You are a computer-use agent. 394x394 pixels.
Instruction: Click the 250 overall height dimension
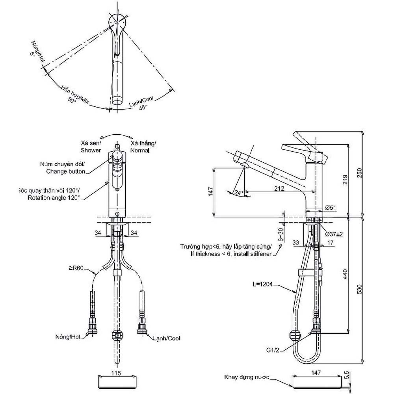(x=360, y=173)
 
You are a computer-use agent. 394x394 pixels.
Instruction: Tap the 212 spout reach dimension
(x=279, y=188)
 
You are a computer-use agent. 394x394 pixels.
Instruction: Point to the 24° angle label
(x=238, y=193)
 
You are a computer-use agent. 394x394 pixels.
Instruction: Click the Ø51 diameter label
(x=331, y=208)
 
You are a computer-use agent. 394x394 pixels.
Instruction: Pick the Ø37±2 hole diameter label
(x=334, y=234)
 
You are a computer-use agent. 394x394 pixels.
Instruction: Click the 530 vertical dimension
(x=360, y=289)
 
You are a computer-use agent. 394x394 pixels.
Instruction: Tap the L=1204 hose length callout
(x=262, y=284)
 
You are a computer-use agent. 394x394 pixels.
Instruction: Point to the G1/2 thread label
(x=273, y=350)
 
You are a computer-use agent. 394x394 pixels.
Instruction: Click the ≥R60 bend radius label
(x=76, y=268)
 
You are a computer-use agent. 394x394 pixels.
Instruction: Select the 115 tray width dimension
(x=116, y=373)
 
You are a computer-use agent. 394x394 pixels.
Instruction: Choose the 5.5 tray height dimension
(x=347, y=375)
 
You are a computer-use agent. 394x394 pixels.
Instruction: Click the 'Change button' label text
(x=65, y=172)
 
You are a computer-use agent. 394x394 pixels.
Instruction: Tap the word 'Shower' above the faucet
(x=91, y=150)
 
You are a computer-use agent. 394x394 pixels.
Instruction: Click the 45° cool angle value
(x=143, y=108)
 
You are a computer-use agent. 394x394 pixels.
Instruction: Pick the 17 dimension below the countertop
(x=330, y=242)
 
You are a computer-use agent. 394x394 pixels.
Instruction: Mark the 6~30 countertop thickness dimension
(x=281, y=235)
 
